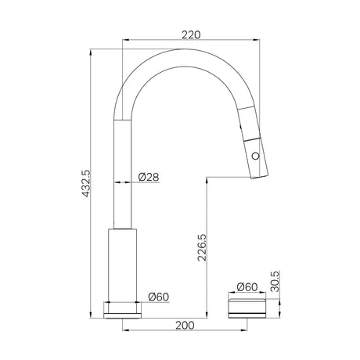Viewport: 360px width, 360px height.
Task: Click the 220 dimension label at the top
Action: click(x=191, y=34)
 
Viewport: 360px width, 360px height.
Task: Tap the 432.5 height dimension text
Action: click(x=86, y=183)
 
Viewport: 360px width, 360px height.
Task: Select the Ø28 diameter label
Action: click(x=149, y=177)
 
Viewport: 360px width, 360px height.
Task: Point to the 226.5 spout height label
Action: click(x=202, y=247)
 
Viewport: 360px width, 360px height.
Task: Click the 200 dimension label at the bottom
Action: click(x=185, y=326)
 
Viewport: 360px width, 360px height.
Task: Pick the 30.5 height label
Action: click(x=275, y=281)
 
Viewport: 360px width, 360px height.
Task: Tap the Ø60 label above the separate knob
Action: click(x=247, y=287)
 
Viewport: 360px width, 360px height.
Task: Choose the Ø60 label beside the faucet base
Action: click(x=159, y=297)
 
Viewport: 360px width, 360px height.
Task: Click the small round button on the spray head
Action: click(x=256, y=156)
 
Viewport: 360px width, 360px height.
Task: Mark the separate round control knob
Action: click(x=247, y=308)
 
